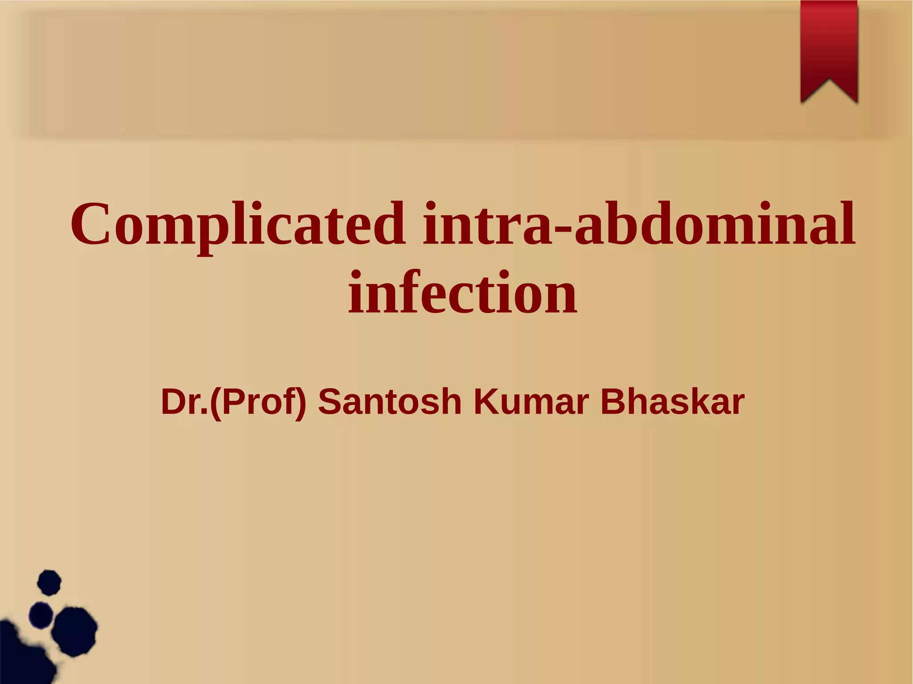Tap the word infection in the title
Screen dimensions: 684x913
point(462,293)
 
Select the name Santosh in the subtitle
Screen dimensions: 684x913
point(389,401)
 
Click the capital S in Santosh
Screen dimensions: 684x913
point(330,401)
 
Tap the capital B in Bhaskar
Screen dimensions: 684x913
point(613,401)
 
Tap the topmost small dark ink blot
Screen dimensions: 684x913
point(49,582)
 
